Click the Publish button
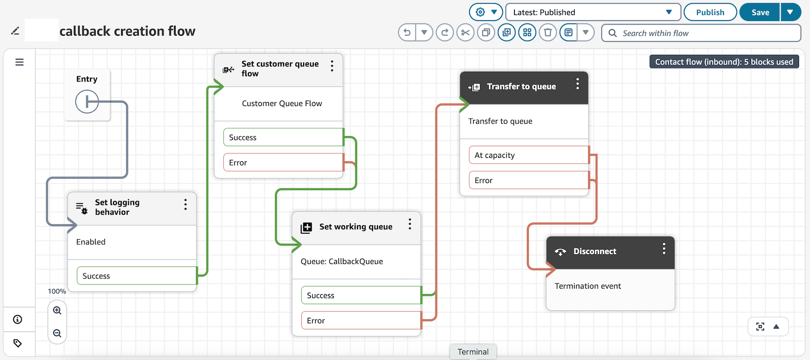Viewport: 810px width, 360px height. click(710, 13)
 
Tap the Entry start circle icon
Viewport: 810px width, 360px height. click(87, 102)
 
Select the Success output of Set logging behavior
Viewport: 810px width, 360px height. click(136, 276)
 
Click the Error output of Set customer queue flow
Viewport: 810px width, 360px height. click(283, 163)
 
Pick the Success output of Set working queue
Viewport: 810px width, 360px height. click(361, 296)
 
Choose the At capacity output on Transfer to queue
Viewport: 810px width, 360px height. click(528, 155)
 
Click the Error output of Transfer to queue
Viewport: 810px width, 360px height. click(528, 181)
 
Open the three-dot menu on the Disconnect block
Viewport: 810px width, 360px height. click(664, 249)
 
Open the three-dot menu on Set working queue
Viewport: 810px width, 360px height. click(410, 224)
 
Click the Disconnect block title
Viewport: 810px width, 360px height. click(595, 251)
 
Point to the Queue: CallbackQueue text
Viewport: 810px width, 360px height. click(342, 261)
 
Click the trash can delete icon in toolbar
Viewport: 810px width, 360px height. click(548, 33)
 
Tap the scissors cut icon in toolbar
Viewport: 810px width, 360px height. click(466, 33)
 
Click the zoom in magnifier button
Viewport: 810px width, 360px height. click(57, 311)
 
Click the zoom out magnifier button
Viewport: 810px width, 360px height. click(57, 333)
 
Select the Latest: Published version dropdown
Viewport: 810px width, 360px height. click(593, 13)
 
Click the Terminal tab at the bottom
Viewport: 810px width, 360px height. click(473, 352)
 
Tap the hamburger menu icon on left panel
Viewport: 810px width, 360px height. click(20, 62)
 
